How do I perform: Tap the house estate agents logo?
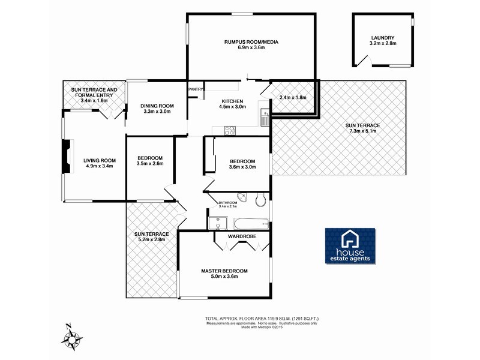(x=351, y=246)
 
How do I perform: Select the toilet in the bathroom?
(x=260, y=200)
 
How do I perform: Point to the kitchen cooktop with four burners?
(x=230, y=130)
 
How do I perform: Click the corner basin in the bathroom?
(x=242, y=198)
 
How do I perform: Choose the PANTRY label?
(x=196, y=89)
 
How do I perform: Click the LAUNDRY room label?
(x=383, y=37)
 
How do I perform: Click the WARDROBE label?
(x=242, y=236)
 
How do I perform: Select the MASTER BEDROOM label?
(x=224, y=271)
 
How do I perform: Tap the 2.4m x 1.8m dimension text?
(x=293, y=97)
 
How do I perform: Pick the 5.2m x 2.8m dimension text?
(x=151, y=239)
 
